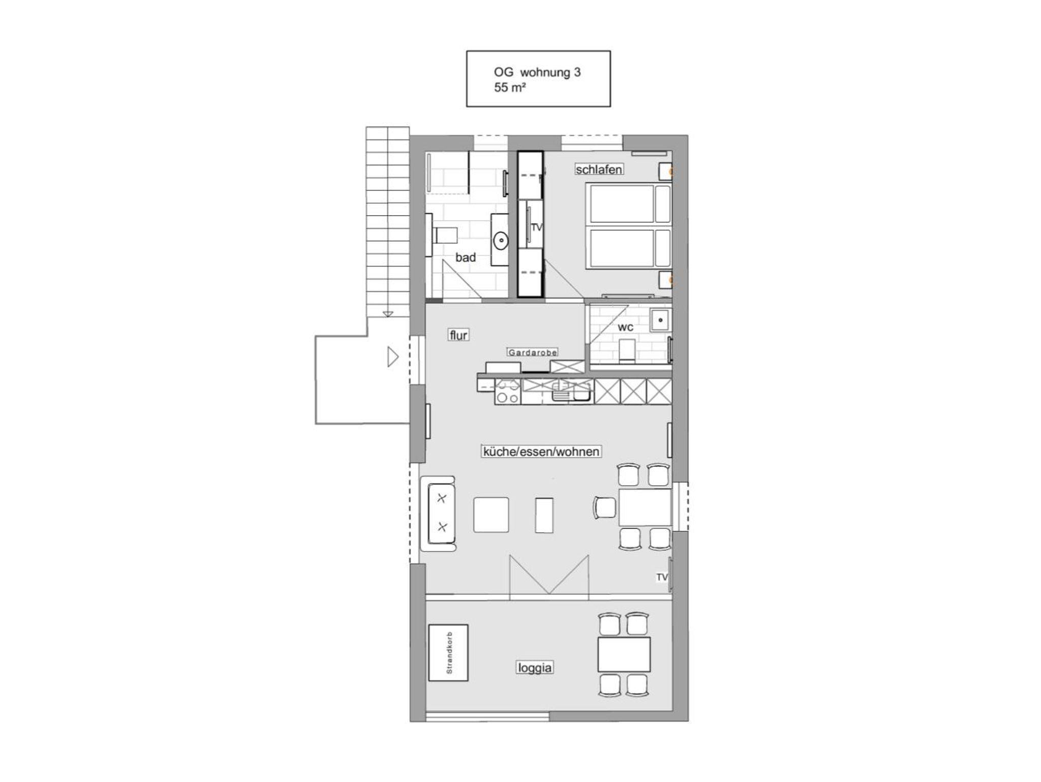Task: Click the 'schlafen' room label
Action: [599, 169]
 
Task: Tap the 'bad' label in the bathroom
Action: [466, 257]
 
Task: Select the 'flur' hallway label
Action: [458, 335]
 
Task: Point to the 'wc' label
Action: [625, 327]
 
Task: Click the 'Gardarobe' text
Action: [533, 352]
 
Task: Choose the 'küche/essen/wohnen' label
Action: [541, 452]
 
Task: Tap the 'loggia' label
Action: [534, 668]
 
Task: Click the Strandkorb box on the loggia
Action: [448, 652]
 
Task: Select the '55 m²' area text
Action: [510, 87]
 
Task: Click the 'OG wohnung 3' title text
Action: [537, 72]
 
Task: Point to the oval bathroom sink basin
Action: [501, 240]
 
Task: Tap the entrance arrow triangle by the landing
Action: [393, 357]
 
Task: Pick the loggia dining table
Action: [624, 654]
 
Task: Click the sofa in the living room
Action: [438, 514]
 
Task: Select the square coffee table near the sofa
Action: [491, 515]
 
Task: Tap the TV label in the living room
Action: [661, 577]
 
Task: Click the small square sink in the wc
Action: [660, 320]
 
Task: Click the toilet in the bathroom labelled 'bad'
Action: [442, 235]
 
